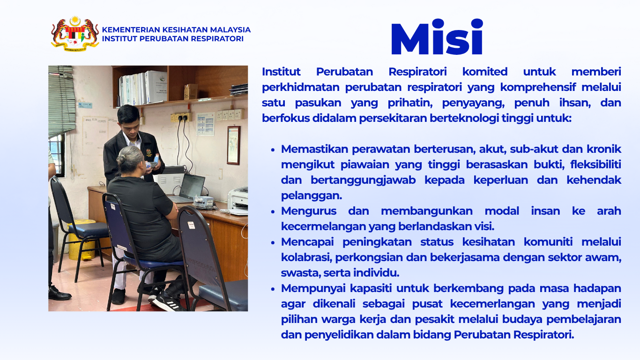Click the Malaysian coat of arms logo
coord(75,33)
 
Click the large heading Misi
coord(437,37)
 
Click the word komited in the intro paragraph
coord(485,72)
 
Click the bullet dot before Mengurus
coord(273,211)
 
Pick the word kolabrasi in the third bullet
coord(306,257)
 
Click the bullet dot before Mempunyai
coord(273,289)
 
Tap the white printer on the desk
coord(238,201)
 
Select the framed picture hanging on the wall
coord(233,145)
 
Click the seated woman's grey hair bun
coord(121,159)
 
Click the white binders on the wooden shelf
coord(143,88)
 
